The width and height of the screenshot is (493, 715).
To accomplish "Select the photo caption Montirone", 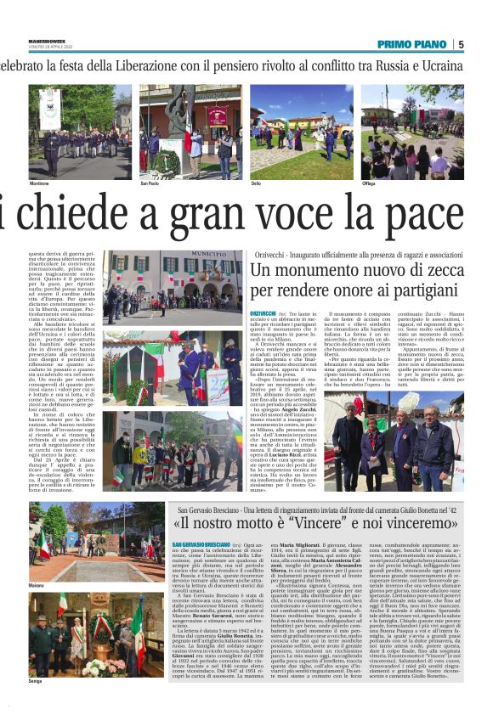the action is coord(40,183).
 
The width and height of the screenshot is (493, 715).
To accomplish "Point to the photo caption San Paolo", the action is coord(150,183).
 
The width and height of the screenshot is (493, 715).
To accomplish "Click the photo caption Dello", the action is coord(258,183).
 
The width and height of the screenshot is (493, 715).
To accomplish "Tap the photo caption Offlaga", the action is coord(368,183).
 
